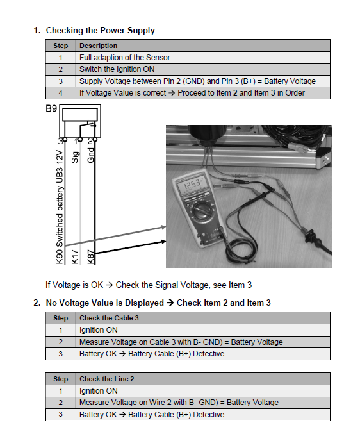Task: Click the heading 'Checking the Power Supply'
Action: pos(101,30)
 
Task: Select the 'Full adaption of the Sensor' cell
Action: pos(125,58)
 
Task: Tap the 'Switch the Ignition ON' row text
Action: pos(117,69)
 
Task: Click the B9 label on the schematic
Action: pos(51,108)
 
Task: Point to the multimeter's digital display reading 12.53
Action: pos(192,185)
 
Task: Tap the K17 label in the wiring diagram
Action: pos(74,256)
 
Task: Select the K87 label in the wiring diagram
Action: pos(90,256)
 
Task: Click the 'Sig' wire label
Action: pos(75,158)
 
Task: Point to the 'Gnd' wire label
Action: pos(90,155)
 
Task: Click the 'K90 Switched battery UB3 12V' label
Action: pos(60,207)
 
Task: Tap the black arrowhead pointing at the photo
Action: pos(163,241)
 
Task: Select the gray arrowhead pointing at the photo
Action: pos(163,227)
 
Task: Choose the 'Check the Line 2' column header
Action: pos(107,379)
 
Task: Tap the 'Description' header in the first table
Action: pos(99,46)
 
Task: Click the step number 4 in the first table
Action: pos(60,93)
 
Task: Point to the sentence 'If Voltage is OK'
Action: pos(74,285)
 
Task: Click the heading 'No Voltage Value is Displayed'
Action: pos(105,303)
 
